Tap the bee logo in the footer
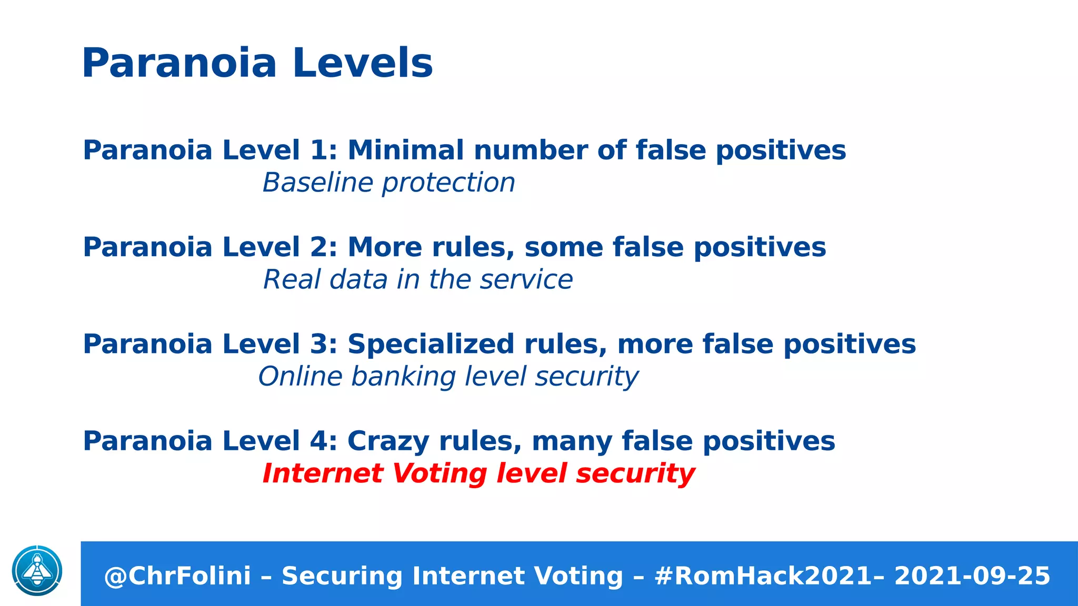tap(37, 571)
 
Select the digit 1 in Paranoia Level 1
tap(318, 150)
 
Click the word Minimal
tap(405, 150)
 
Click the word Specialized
tap(431, 344)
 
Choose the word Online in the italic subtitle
tap(300, 377)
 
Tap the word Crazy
tap(388, 442)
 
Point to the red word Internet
tap(323, 473)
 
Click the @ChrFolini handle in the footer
tap(177, 576)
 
